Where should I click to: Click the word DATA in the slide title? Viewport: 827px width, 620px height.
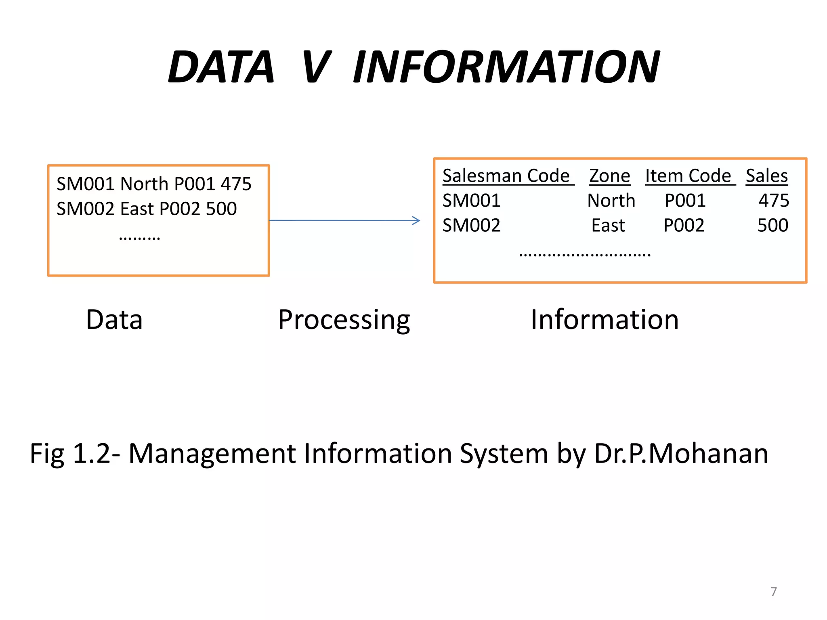(x=221, y=67)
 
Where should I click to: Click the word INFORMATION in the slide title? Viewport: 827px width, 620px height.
(x=506, y=67)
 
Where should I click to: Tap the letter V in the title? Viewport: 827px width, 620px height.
(x=317, y=67)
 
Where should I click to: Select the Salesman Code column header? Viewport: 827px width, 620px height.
(x=506, y=176)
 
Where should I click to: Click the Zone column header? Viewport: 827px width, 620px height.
(x=609, y=176)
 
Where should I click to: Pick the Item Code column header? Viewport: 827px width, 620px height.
(x=688, y=176)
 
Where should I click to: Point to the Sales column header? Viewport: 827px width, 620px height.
(x=766, y=176)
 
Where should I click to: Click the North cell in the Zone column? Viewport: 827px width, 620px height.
(x=611, y=201)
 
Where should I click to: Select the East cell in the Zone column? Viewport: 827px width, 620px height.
(x=608, y=225)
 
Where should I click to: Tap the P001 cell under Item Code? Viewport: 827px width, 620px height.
(x=685, y=201)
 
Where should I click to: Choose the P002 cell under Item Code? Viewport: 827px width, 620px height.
(x=684, y=225)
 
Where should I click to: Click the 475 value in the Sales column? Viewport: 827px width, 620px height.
(x=774, y=201)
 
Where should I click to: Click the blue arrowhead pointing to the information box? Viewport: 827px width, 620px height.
(x=416, y=220)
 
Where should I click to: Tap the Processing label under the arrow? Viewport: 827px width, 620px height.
(x=344, y=320)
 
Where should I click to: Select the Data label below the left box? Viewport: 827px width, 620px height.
(x=114, y=320)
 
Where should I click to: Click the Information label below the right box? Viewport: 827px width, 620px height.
(x=605, y=320)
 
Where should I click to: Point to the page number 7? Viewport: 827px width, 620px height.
(x=774, y=592)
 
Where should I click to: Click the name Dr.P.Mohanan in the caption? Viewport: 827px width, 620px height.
(x=681, y=454)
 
